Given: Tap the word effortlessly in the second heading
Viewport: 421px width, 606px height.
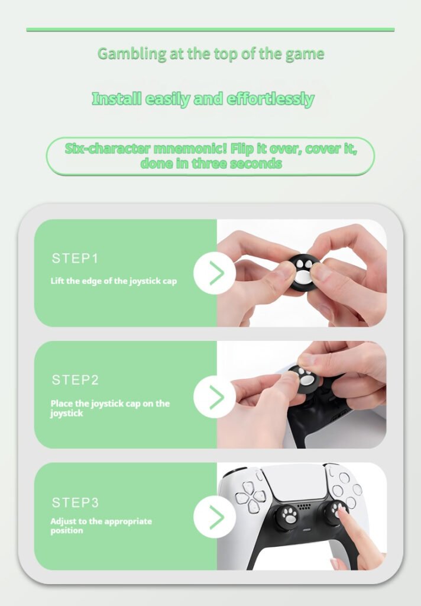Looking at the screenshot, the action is pyautogui.click(x=270, y=99).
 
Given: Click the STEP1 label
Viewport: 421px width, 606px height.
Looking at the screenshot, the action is pyautogui.click(x=75, y=258).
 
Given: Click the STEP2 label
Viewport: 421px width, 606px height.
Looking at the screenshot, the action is pyautogui.click(x=75, y=380).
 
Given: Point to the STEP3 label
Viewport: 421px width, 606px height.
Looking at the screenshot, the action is pyautogui.click(x=75, y=502).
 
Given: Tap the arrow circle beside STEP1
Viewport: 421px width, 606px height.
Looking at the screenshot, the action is pyautogui.click(x=215, y=273).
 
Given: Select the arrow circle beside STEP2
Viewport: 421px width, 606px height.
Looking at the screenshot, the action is pyautogui.click(x=215, y=397).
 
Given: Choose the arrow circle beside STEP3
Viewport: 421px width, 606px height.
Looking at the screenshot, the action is pyautogui.click(x=215, y=517).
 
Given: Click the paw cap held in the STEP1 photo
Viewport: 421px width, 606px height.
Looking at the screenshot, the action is pyautogui.click(x=305, y=272).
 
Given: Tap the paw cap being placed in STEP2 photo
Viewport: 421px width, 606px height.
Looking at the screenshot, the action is pyautogui.click(x=305, y=378).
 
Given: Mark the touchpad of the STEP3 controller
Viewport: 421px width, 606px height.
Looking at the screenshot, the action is pyautogui.click(x=299, y=482).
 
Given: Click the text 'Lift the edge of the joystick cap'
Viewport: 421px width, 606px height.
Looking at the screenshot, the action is pyautogui.click(x=114, y=281).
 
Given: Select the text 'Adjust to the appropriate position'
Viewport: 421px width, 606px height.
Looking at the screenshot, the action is pyautogui.click(x=101, y=526).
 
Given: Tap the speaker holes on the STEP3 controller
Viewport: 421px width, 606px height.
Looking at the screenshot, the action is pyautogui.click(x=303, y=506).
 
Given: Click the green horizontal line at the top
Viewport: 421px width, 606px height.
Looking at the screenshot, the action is pyautogui.click(x=210, y=30).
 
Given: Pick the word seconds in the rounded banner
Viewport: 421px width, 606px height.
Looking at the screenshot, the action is pyautogui.click(x=255, y=163).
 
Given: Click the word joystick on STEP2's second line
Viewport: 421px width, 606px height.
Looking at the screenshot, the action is pyautogui.click(x=66, y=414).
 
